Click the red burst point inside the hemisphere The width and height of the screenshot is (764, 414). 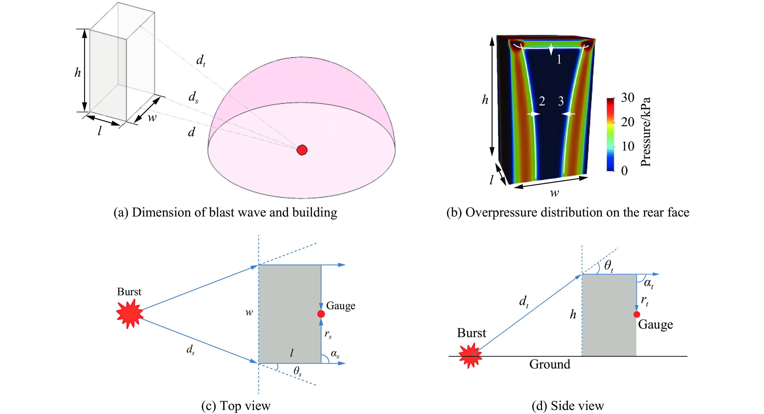point(302,150)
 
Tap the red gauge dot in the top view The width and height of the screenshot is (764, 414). point(321,314)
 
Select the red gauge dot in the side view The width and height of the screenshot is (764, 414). point(636,314)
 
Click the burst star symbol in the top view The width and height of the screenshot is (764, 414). point(130,313)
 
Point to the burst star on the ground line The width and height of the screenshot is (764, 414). point(470,356)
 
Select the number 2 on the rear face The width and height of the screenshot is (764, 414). point(542,101)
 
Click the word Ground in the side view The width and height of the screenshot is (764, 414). point(550,364)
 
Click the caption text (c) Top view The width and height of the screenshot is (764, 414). point(236,406)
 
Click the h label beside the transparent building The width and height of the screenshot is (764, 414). point(78,72)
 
